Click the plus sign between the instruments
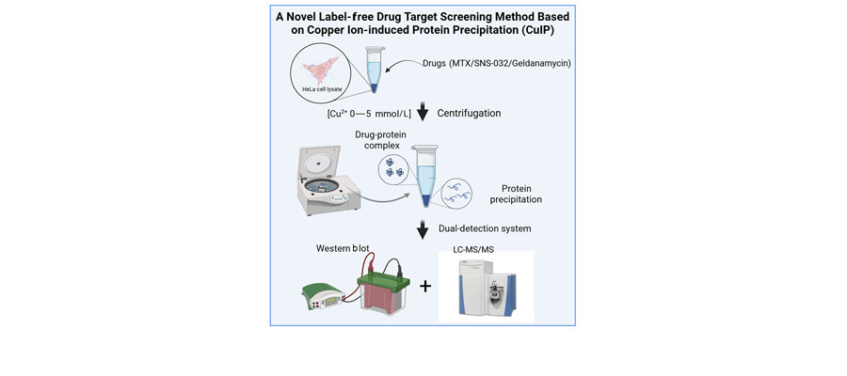[425, 284]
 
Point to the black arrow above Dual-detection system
[423, 227]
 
